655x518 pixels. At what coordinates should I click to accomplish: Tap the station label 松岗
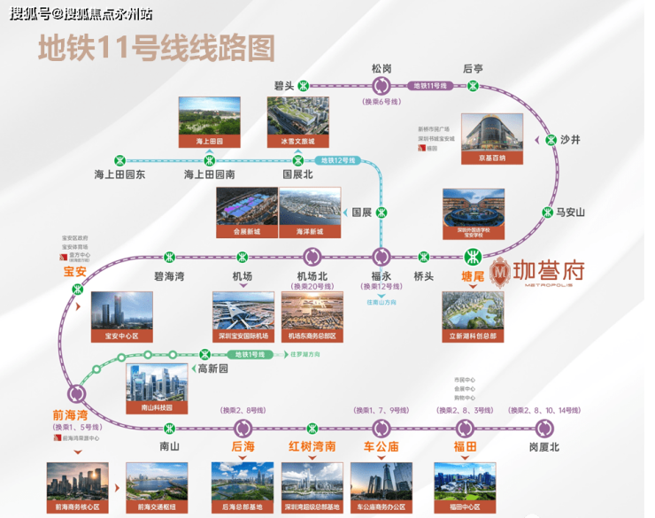point(382,67)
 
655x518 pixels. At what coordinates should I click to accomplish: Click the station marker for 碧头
point(304,86)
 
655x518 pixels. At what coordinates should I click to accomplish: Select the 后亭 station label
point(473,67)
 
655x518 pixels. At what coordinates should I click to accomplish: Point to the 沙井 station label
point(571,139)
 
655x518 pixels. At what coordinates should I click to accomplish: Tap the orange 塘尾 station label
point(475,276)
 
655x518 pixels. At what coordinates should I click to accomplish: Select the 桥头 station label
point(424,276)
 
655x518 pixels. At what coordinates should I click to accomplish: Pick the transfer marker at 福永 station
point(382,257)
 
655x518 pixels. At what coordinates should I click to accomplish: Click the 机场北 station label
point(312,276)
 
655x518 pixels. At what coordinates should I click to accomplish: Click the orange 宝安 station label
point(74,272)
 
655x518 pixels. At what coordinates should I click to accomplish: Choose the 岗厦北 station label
point(544,446)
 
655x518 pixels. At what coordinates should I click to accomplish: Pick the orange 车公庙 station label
point(382,446)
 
